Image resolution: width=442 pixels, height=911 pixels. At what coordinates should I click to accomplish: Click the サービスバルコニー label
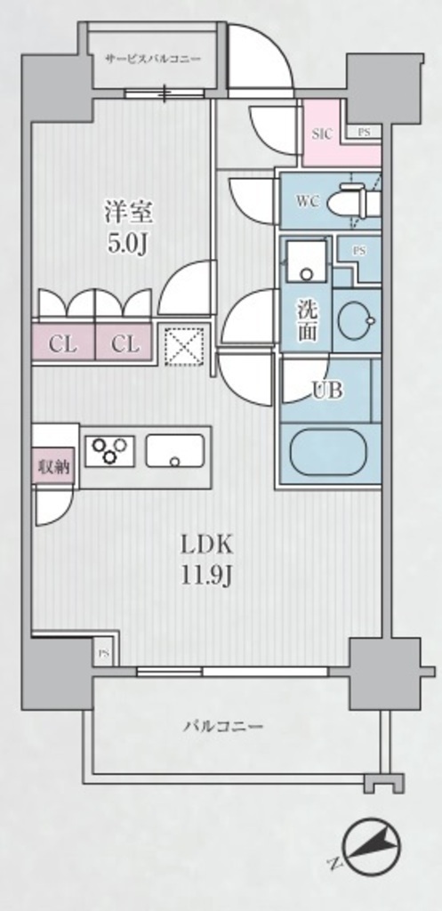click(x=153, y=60)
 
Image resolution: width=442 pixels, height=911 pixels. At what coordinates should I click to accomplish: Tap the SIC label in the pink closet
click(x=322, y=134)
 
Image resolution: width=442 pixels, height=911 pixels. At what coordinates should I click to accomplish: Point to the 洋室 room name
click(x=129, y=213)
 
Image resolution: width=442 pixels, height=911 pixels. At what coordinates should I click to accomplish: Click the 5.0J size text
click(x=129, y=244)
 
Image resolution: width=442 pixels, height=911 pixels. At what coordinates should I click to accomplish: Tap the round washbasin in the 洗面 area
click(x=356, y=320)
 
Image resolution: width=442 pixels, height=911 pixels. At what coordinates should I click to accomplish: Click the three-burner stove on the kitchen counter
click(x=109, y=450)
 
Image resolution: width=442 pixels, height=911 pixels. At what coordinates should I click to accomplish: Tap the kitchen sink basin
click(x=175, y=450)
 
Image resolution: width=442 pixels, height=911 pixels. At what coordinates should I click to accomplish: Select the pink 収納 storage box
click(x=54, y=466)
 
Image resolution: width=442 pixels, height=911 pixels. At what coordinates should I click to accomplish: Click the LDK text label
click(x=206, y=546)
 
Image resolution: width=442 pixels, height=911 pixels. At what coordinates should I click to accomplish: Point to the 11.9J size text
click(x=206, y=576)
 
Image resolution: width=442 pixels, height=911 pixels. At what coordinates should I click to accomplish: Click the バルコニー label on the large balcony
click(x=224, y=726)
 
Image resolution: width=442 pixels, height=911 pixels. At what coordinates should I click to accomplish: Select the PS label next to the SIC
click(x=364, y=132)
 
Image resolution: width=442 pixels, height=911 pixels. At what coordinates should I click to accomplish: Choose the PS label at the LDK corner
click(x=103, y=653)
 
